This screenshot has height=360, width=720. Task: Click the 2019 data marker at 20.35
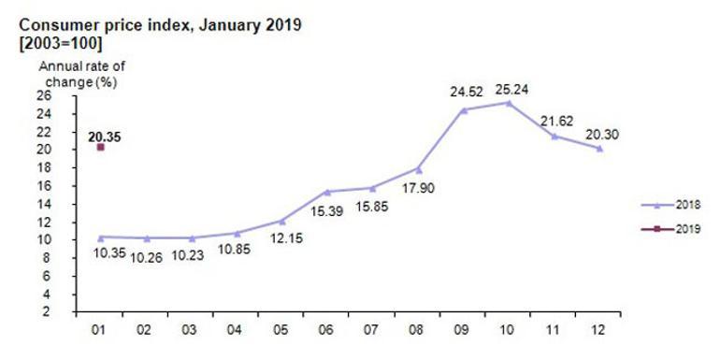click(x=100, y=146)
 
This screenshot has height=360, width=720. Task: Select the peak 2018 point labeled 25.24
click(x=508, y=102)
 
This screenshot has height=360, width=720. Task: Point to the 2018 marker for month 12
click(x=598, y=148)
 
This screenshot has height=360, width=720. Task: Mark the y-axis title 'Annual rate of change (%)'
click(x=80, y=73)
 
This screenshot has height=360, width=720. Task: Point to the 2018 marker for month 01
click(x=100, y=237)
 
